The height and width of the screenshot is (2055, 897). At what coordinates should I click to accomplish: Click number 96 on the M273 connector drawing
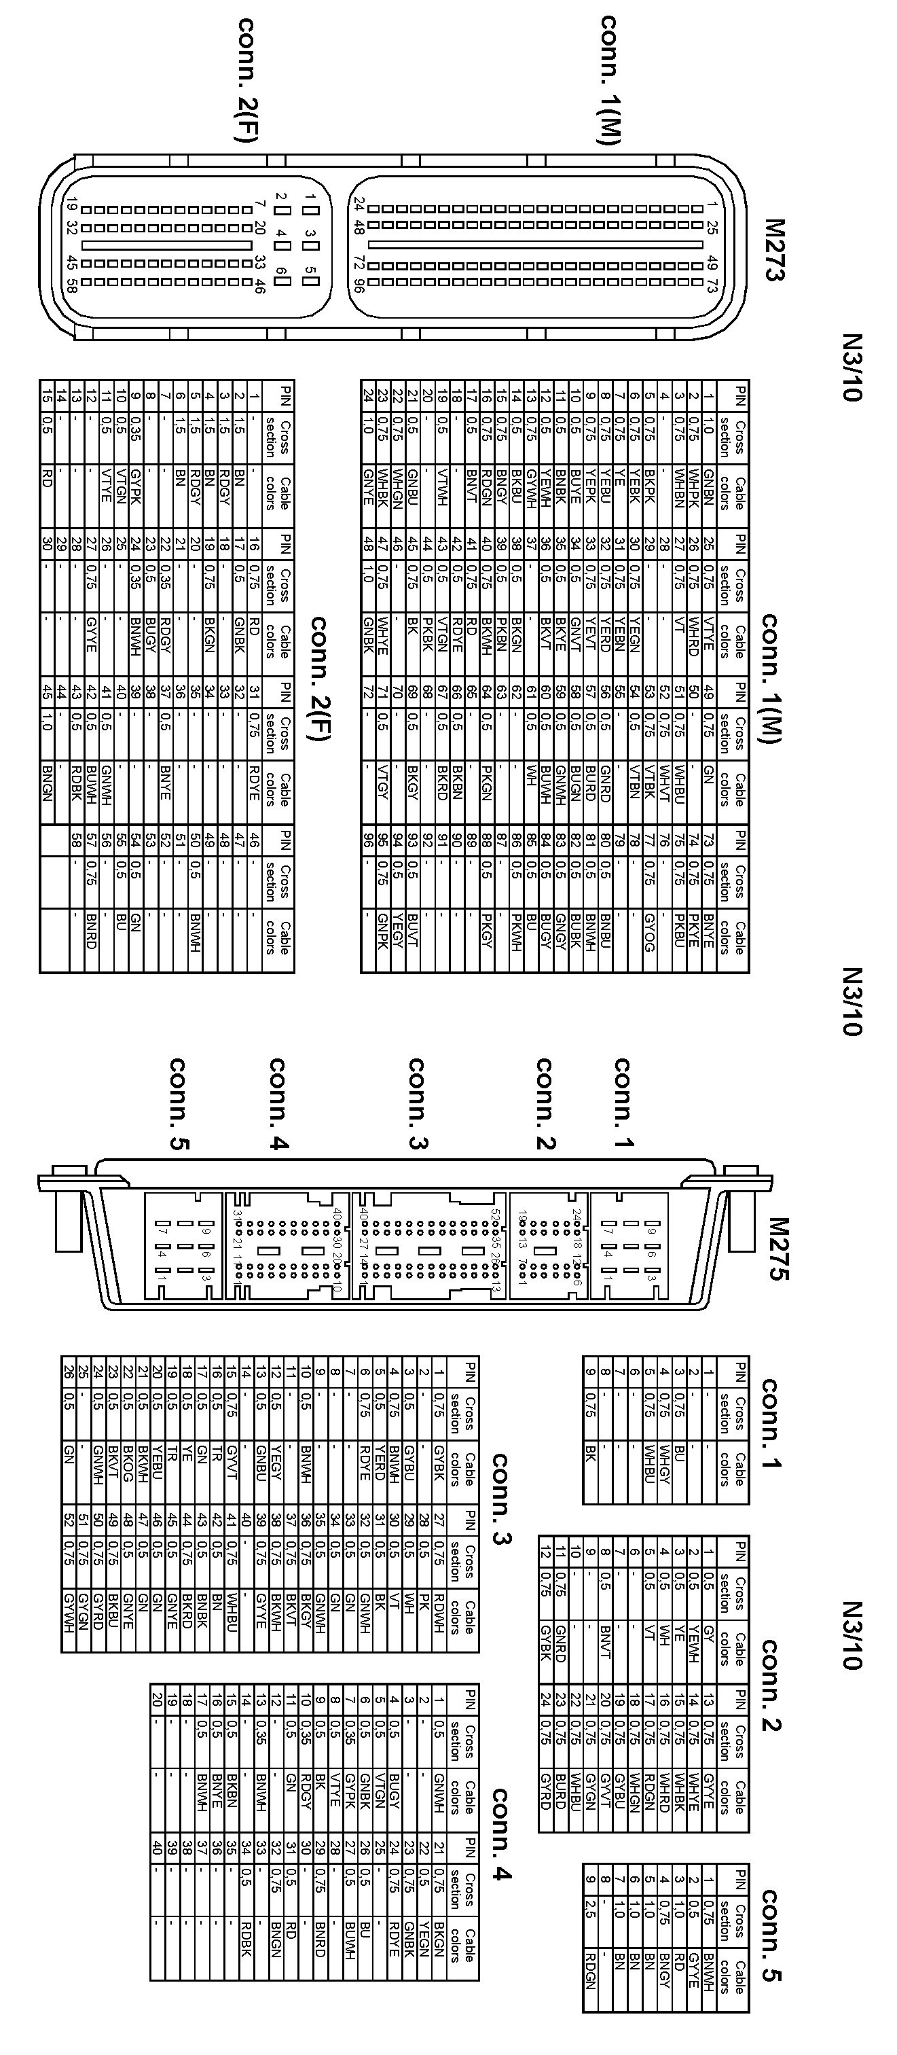pyautogui.click(x=359, y=284)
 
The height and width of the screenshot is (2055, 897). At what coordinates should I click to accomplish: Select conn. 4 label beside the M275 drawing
pyautogui.click(x=278, y=1104)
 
